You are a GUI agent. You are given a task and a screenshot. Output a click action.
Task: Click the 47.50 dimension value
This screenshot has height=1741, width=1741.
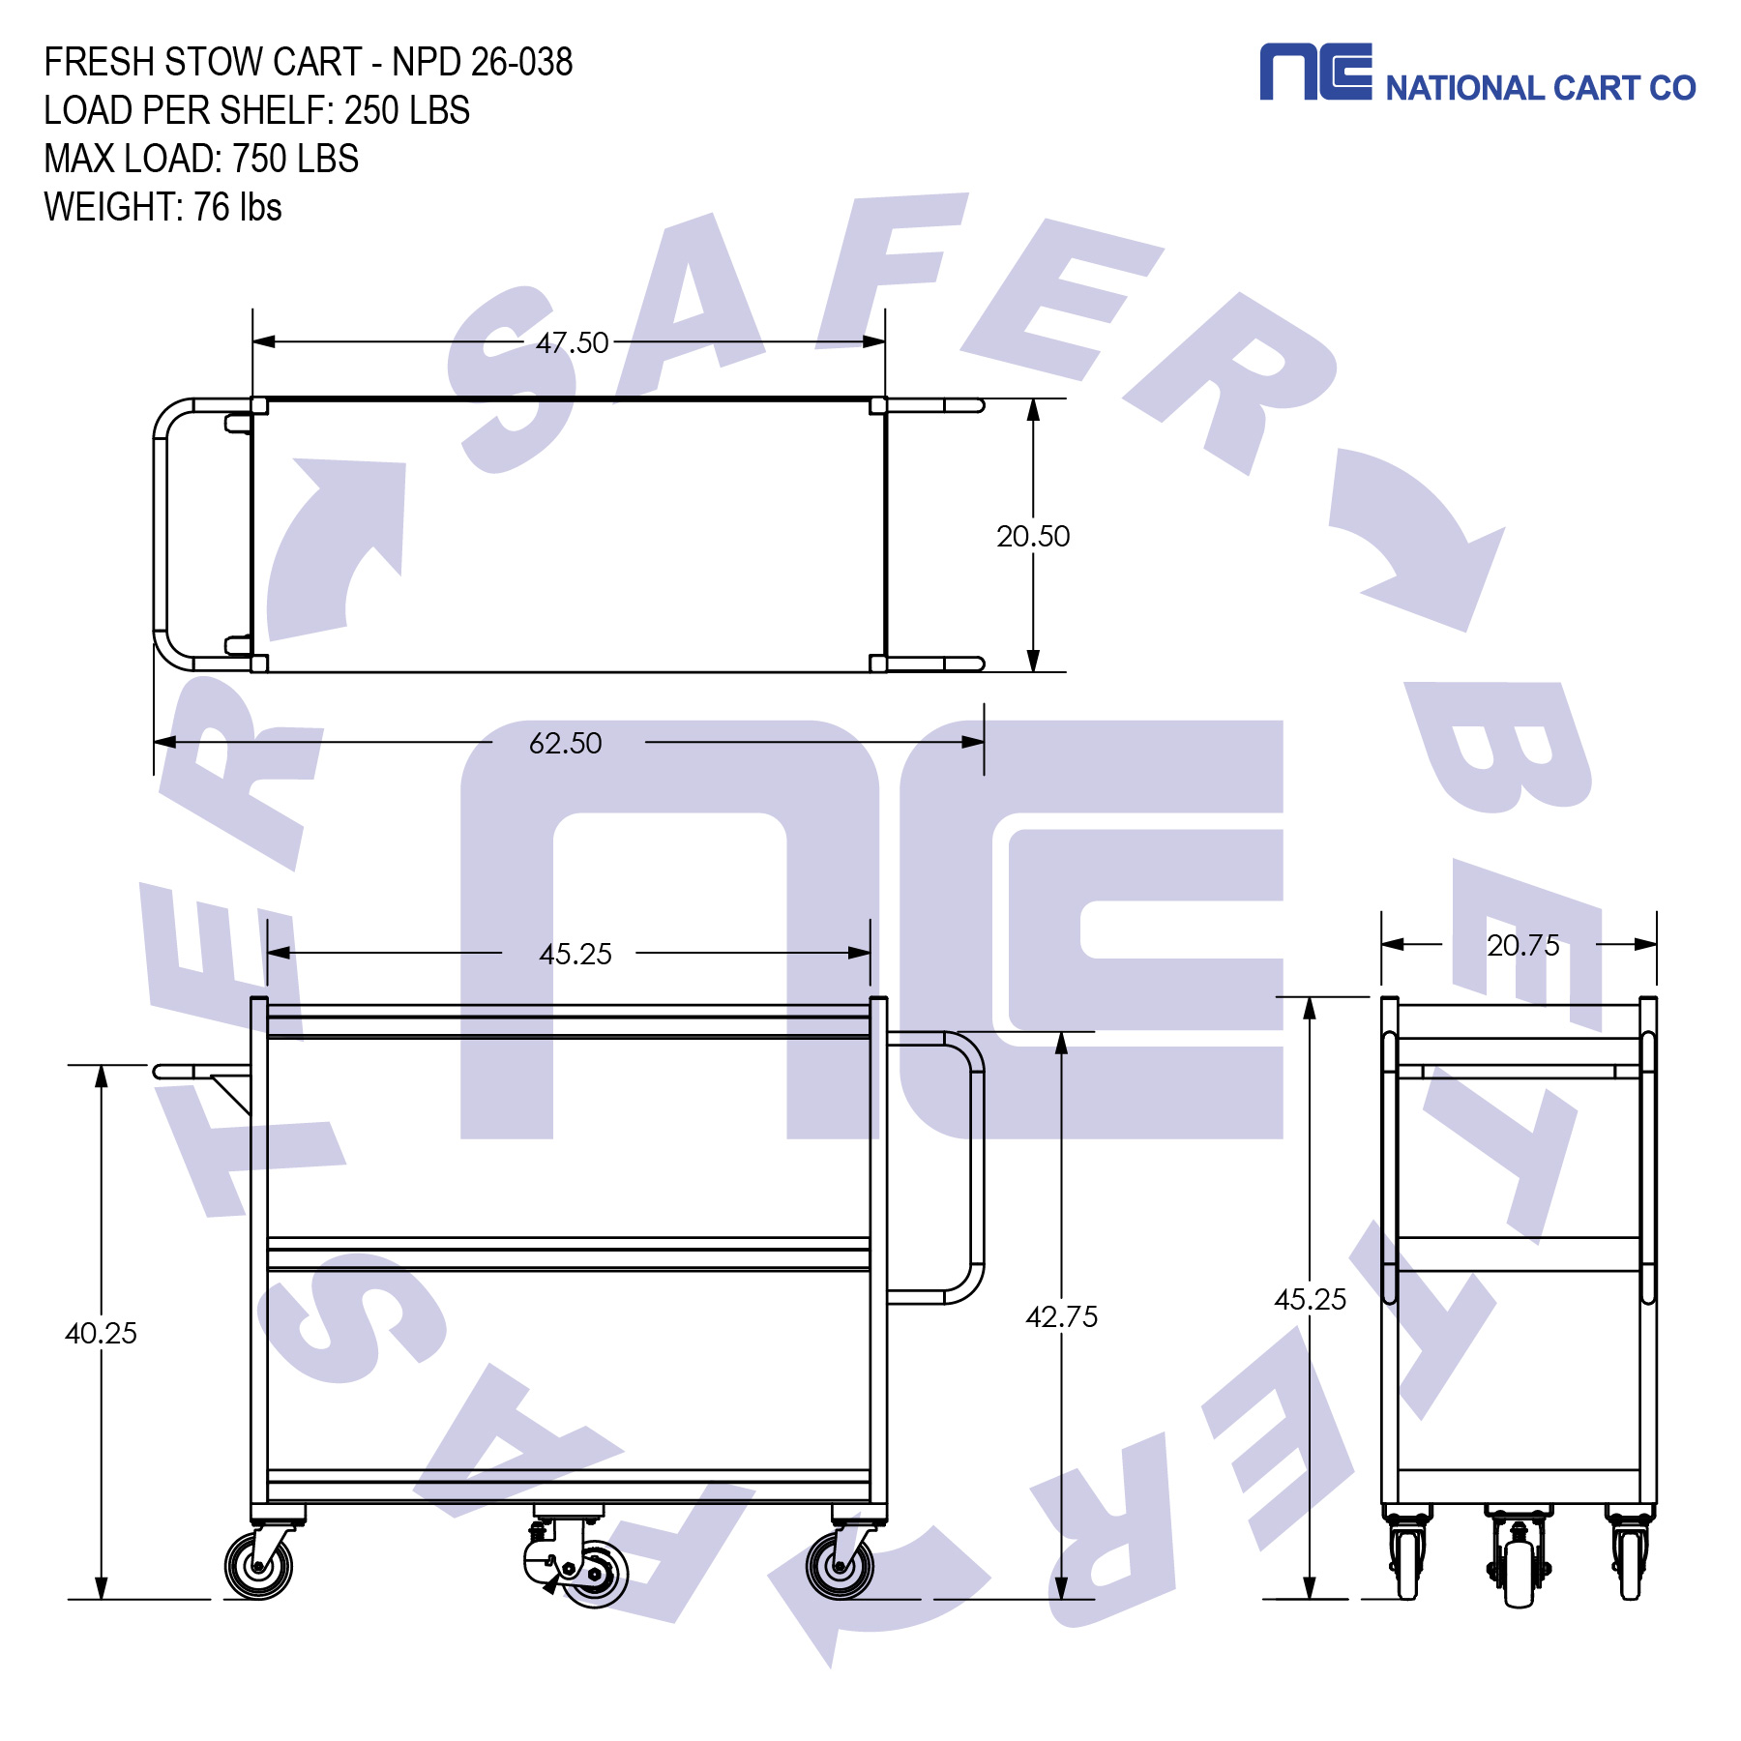click(572, 342)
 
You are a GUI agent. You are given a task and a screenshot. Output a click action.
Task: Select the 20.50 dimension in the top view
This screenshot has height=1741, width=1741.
click(1033, 536)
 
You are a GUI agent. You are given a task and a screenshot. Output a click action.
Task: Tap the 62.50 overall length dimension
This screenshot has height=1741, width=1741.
click(565, 743)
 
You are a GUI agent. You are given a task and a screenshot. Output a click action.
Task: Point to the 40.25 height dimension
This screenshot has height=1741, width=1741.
click(101, 1333)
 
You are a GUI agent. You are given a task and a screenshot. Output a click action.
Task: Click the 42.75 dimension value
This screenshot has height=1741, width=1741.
click(1061, 1316)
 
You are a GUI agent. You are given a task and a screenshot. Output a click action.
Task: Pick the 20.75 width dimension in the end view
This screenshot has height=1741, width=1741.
click(1522, 945)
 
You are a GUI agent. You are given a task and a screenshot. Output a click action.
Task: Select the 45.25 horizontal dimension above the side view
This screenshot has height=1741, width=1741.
click(575, 954)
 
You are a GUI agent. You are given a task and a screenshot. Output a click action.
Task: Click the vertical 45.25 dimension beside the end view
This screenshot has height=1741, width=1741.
click(1310, 1299)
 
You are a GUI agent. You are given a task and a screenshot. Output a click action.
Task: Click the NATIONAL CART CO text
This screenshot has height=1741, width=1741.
click(1540, 88)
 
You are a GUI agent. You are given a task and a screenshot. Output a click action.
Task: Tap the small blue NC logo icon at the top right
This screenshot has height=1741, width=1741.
click(1314, 72)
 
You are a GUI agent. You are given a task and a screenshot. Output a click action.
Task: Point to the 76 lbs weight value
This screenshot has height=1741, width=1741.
click(237, 207)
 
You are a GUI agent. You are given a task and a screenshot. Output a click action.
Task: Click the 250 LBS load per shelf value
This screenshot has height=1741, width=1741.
click(406, 110)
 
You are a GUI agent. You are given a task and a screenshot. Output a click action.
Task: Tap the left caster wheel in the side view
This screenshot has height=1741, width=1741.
click(258, 1566)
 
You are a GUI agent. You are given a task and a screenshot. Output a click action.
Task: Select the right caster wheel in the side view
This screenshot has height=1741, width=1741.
click(840, 1566)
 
